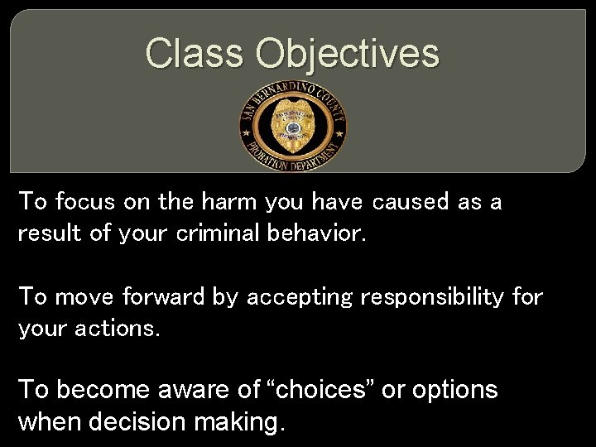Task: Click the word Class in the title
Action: (195, 53)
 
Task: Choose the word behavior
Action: (315, 233)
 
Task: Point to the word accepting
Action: (297, 296)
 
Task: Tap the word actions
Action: (118, 329)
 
